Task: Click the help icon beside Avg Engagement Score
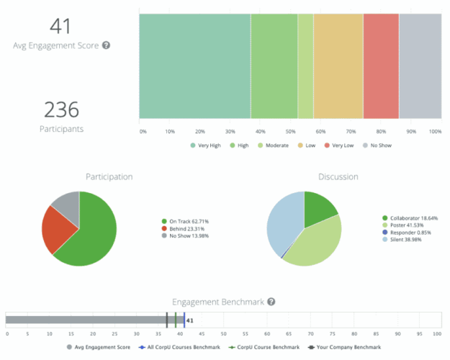[106, 45]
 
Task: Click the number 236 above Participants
[60, 110]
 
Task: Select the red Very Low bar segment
[381, 66]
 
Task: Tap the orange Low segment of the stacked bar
[338, 66]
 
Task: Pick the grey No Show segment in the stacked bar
[420, 66]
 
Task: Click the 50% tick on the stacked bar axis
[289, 131]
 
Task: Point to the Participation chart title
[109, 176]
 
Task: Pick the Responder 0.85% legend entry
[412, 233]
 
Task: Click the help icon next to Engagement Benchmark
[271, 302]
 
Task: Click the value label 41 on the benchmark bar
[189, 320]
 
